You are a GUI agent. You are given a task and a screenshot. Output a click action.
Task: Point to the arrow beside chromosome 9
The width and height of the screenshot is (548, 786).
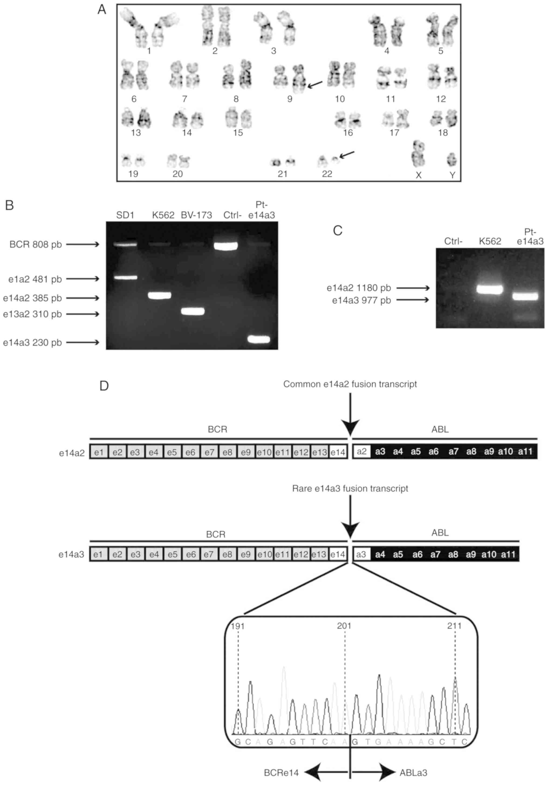(315, 84)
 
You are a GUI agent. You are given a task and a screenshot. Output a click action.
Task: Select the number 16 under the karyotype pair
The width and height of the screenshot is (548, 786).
(348, 133)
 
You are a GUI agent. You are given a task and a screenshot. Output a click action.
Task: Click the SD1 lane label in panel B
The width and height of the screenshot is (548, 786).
(125, 215)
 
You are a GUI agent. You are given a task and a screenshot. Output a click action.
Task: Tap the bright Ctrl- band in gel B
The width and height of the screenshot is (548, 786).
(225, 246)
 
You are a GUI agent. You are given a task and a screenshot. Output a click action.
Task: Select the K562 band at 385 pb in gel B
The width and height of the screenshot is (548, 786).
(159, 295)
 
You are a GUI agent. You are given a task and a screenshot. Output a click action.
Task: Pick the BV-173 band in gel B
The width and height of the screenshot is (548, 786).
(193, 311)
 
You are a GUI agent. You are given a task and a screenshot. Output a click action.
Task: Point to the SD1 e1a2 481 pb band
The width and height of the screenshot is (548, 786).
(126, 277)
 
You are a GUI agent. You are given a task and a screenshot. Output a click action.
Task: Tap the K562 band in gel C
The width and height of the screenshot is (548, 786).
(490, 290)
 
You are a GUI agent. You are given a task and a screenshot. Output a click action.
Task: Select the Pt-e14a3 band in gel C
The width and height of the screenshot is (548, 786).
(525, 297)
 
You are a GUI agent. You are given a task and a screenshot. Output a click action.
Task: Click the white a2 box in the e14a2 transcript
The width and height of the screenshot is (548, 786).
(362, 451)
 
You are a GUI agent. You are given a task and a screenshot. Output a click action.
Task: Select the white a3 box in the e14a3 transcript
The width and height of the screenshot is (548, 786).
(361, 554)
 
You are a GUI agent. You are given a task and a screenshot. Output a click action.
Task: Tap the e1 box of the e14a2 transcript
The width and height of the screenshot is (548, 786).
(99, 452)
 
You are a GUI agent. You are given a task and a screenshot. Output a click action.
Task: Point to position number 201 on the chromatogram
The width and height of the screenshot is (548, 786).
(344, 626)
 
